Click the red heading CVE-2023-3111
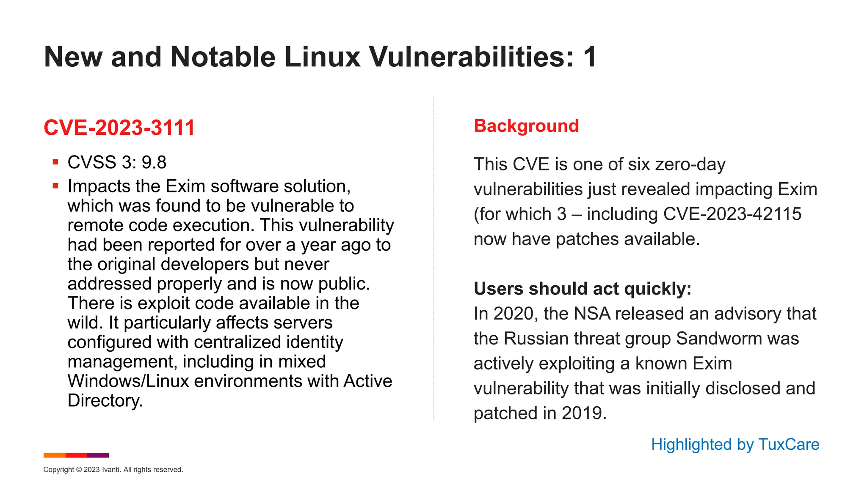[x=119, y=128]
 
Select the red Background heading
[x=526, y=126]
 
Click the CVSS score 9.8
[x=154, y=162]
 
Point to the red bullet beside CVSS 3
[x=55, y=161]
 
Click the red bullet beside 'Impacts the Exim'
[x=55, y=186]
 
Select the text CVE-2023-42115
[x=732, y=214]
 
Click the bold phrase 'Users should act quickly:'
[x=582, y=289]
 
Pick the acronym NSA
[x=592, y=314]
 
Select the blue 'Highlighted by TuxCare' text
[x=735, y=444]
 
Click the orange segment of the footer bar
[x=55, y=455]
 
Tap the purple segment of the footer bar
[x=98, y=455]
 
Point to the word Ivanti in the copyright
[x=111, y=470]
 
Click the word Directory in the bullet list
[x=105, y=400]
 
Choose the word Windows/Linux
[x=128, y=381]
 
